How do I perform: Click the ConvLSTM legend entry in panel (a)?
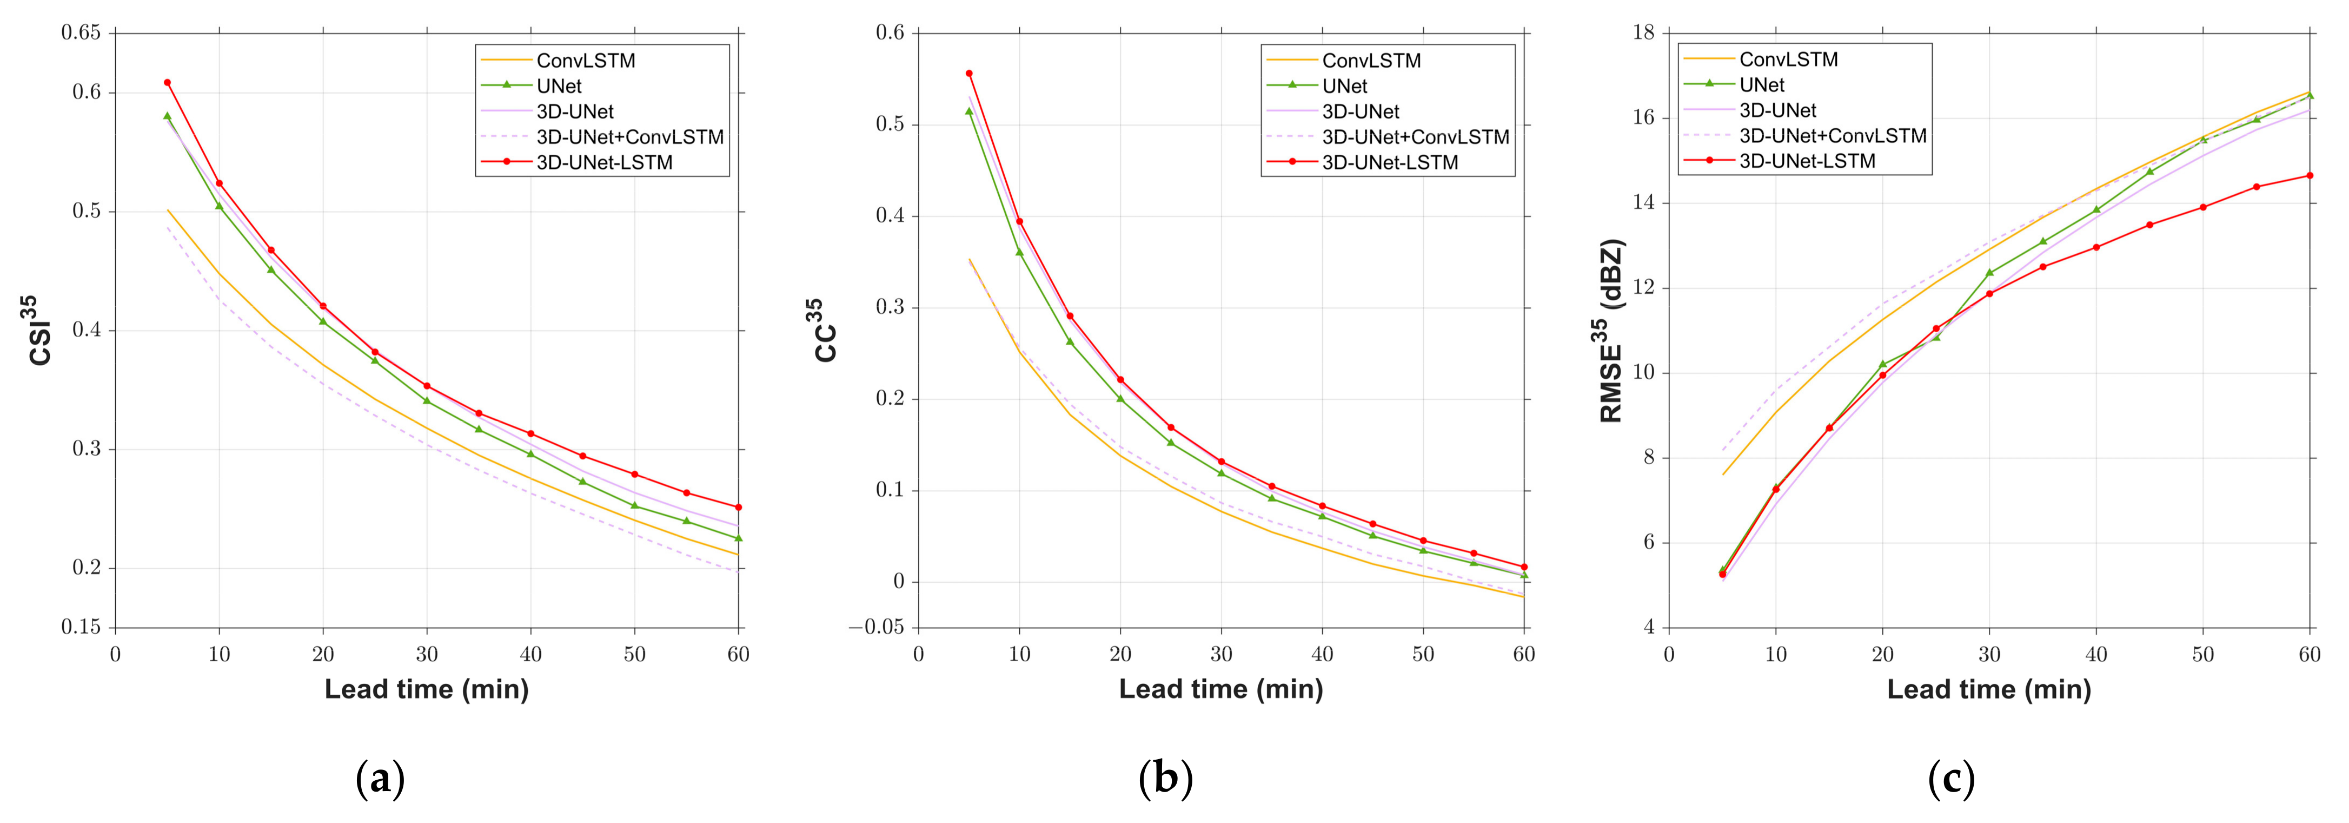(586, 60)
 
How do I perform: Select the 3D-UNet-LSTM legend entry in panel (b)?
(1390, 162)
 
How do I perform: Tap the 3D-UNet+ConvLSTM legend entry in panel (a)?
(629, 137)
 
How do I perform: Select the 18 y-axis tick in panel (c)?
(1643, 33)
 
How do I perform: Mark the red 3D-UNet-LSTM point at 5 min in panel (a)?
(167, 83)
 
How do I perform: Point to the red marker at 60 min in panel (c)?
(2310, 175)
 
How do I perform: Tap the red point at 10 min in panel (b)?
(1019, 221)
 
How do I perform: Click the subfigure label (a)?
(380, 778)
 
